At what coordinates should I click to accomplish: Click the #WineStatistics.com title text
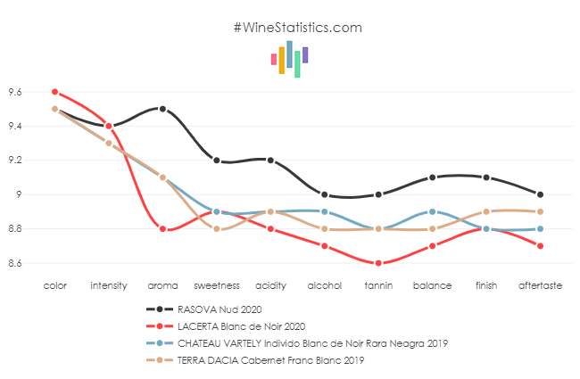[x=297, y=28]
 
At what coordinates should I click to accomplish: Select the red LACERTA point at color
[x=54, y=92]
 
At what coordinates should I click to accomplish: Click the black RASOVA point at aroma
[x=162, y=109]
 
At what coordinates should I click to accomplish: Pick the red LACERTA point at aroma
[x=162, y=229]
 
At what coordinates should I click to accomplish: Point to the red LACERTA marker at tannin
[x=378, y=263]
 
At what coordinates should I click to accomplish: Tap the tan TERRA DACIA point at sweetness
[x=217, y=229]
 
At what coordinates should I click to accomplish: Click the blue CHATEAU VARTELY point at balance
[x=432, y=211]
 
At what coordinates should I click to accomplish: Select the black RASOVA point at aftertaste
[x=541, y=194]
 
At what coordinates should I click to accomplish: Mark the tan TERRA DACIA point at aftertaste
[x=541, y=211]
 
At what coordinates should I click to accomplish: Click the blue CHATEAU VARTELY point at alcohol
[x=324, y=211]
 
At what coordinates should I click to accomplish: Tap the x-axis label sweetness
[x=217, y=285]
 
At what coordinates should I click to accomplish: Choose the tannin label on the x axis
[x=378, y=285]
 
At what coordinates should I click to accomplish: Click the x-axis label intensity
[x=109, y=285]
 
